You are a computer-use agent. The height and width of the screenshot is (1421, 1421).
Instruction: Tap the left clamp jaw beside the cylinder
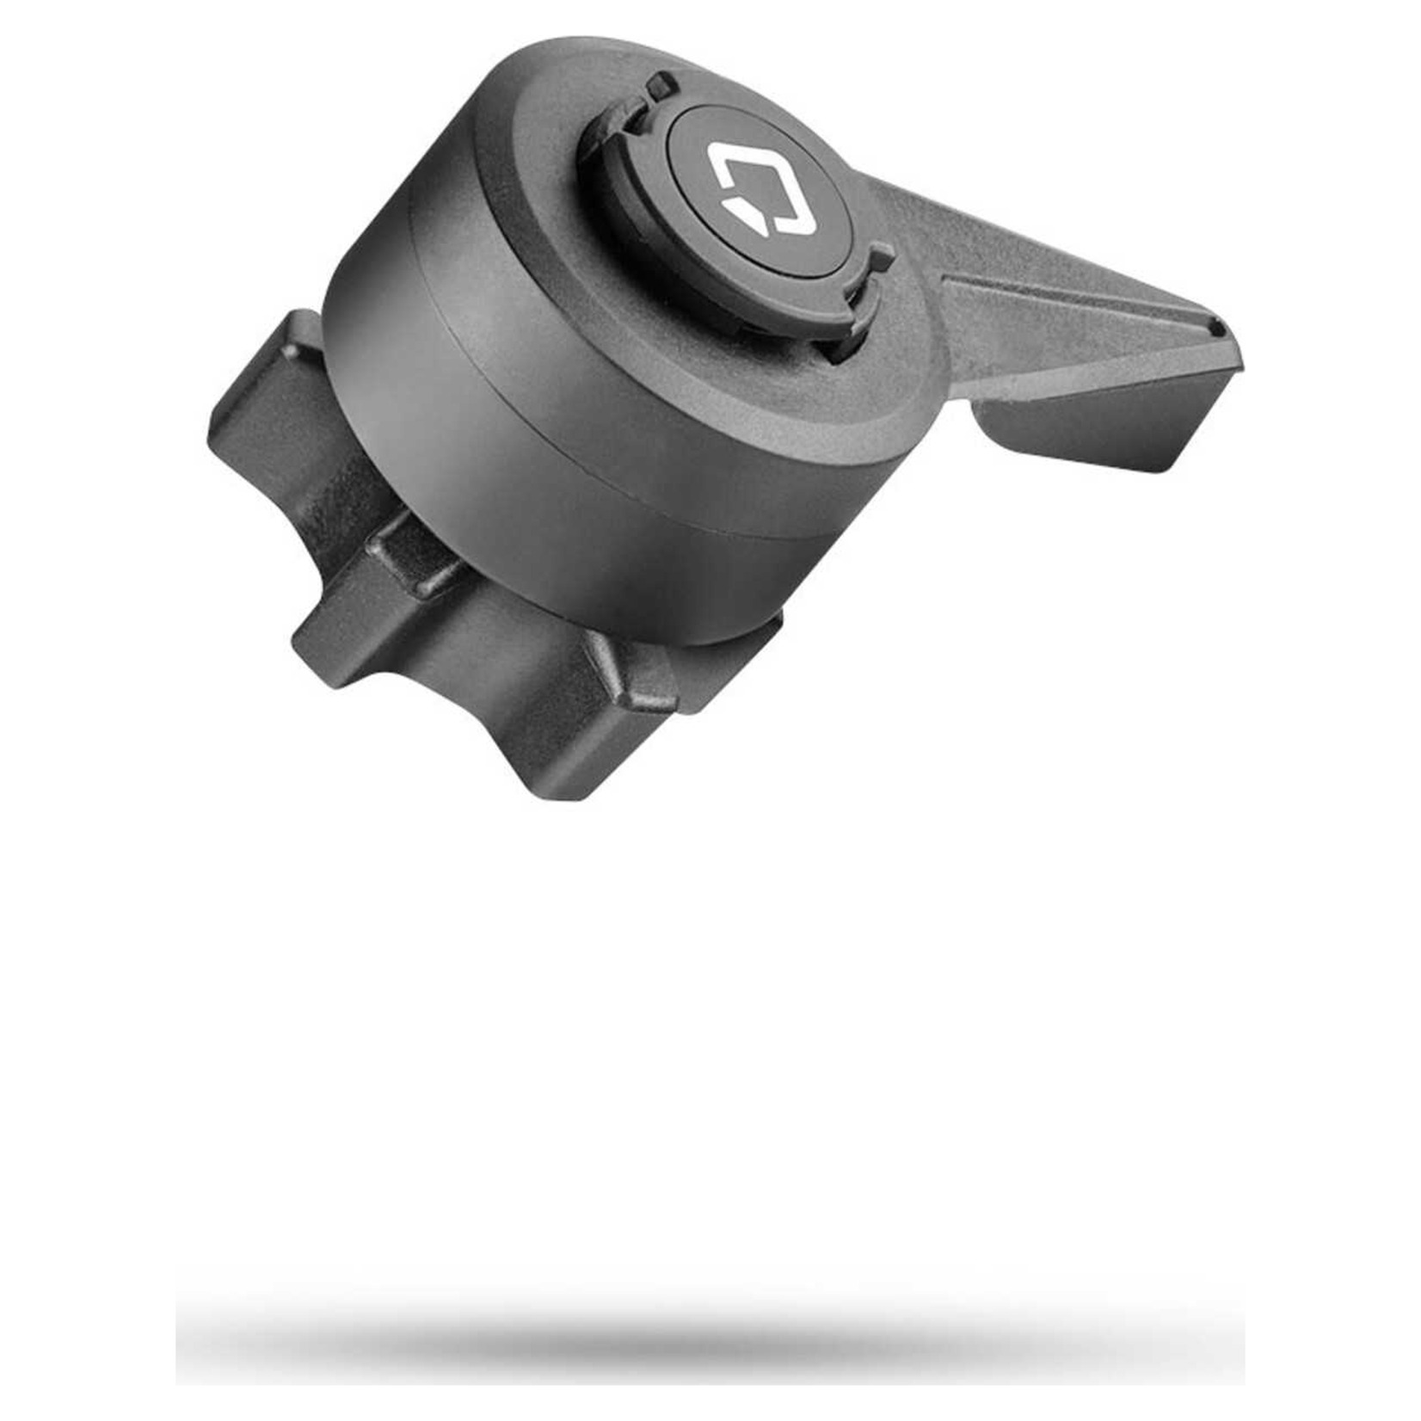[275, 404]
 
